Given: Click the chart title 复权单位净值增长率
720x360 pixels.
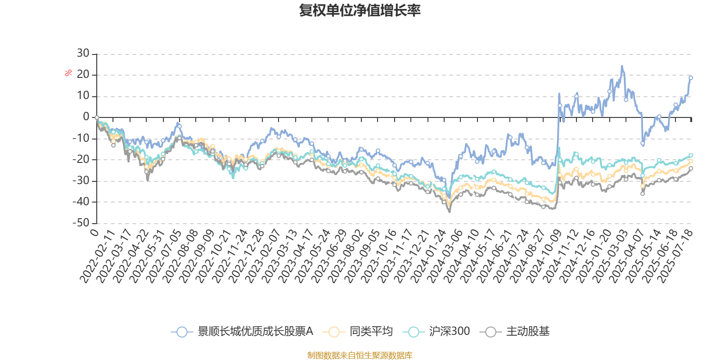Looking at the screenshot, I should pos(360,10).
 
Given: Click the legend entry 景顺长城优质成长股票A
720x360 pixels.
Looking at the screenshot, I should pos(243,332).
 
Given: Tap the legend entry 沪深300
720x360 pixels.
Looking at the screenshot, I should pos(436,332).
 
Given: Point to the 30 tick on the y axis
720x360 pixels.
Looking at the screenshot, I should pos(83,54).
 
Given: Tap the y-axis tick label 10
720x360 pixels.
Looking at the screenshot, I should pos(83,96).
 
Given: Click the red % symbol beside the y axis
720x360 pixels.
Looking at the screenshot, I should pos(68,73).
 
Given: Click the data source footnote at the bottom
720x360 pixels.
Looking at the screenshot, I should pos(360,355).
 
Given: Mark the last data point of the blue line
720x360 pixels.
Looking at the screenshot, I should pos(691,78).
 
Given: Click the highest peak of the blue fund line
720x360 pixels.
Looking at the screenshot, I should pos(622,66).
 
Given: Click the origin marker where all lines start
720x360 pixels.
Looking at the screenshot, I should pos(97,117).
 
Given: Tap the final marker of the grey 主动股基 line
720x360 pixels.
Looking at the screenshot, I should pos(691,168).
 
